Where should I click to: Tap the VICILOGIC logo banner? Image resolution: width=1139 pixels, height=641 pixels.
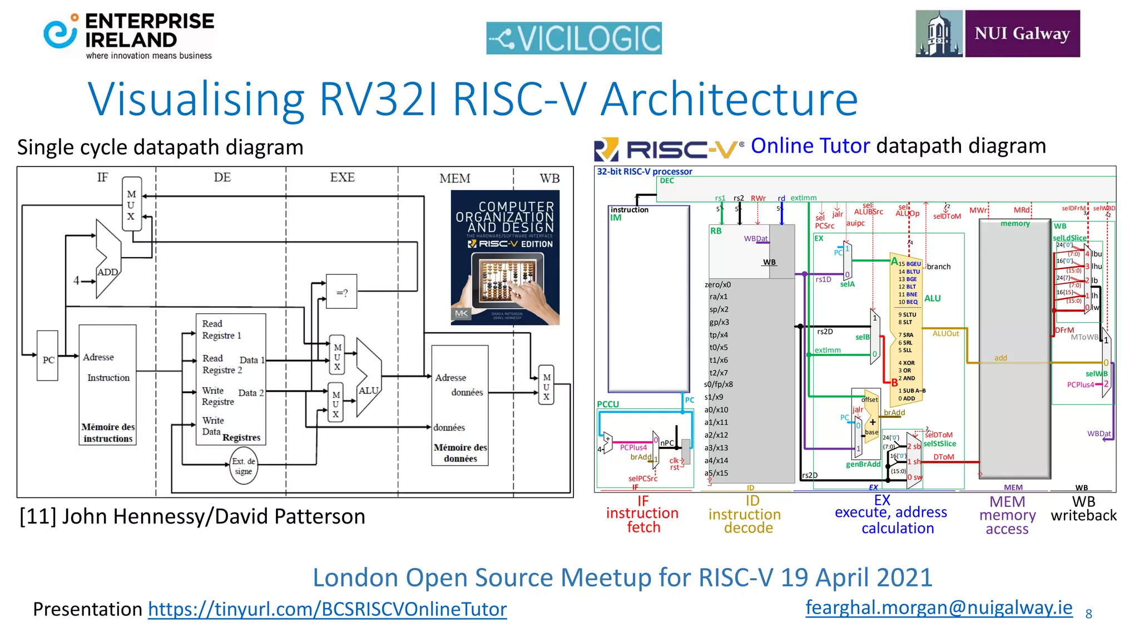point(573,38)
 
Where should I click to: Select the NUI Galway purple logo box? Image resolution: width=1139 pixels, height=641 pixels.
point(1022,33)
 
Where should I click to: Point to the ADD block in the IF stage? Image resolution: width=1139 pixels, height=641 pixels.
point(107,272)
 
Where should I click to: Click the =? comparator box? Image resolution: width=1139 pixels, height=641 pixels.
point(341,292)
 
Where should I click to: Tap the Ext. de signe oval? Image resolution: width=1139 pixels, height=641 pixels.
point(243,466)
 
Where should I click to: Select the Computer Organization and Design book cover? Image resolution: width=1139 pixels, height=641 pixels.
point(504,257)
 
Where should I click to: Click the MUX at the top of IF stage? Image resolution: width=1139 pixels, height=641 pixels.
point(131,204)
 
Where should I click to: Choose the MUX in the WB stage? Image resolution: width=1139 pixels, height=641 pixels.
point(546,386)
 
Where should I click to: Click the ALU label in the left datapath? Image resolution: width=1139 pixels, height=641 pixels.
point(368,390)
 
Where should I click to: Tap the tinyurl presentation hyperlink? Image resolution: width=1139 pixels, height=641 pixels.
point(327,609)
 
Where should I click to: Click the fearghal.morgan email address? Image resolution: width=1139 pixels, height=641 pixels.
point(938,607)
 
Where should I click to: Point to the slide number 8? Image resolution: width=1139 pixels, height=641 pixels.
point(1088,614)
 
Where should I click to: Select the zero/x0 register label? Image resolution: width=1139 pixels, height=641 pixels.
point(717,284)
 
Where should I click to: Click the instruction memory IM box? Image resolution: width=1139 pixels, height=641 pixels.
point(648,300)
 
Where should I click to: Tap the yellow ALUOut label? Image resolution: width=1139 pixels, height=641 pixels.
point(945,333)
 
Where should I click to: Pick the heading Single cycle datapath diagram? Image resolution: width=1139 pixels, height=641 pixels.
point(160,147)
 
